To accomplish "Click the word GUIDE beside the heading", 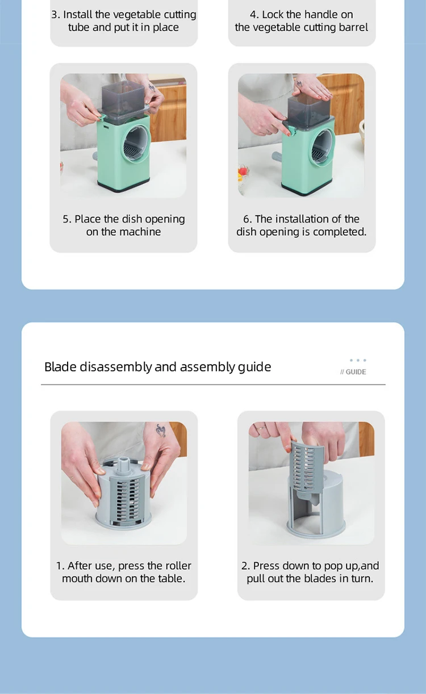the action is [x=356, y=372].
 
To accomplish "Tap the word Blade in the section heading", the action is [x=60, y=367].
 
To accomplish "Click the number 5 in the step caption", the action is [x=66, y=219].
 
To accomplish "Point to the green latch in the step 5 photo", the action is [x=102, y=118].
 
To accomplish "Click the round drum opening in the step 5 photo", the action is [x=136, y=144].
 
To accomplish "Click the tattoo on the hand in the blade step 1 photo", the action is [x=161, y=430].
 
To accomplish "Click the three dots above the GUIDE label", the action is [x=358, y=360].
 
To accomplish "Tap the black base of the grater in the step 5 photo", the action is [x=123, y=187].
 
